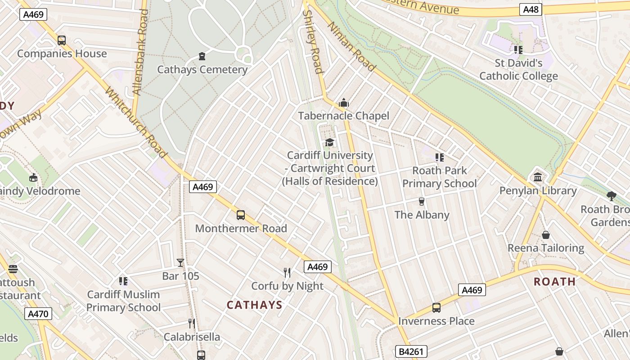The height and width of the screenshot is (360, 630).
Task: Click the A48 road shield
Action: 531,9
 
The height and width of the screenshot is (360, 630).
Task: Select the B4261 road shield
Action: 411,351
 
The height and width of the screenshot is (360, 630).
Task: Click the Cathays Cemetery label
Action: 202,70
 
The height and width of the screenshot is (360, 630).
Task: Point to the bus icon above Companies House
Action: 62,40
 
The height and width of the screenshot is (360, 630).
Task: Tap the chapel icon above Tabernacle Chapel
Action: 344,103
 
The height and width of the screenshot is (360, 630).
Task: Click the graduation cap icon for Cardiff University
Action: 330,143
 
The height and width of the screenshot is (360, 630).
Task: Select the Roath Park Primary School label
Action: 439,177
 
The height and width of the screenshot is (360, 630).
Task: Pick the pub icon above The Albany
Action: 422,201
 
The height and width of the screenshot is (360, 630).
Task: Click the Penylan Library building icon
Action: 538,177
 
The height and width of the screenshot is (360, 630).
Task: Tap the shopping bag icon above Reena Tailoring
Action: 546,235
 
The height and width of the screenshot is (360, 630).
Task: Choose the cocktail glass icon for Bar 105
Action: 180,262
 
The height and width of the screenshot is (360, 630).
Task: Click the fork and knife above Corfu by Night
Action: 287,272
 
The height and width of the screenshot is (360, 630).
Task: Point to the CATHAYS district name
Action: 254,305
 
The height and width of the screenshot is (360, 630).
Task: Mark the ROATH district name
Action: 554,282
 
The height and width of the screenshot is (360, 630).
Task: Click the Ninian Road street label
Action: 351,47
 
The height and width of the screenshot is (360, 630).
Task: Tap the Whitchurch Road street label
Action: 136,123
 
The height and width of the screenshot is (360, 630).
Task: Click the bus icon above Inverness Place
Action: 436,308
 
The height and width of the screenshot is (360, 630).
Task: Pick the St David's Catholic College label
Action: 518,69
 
